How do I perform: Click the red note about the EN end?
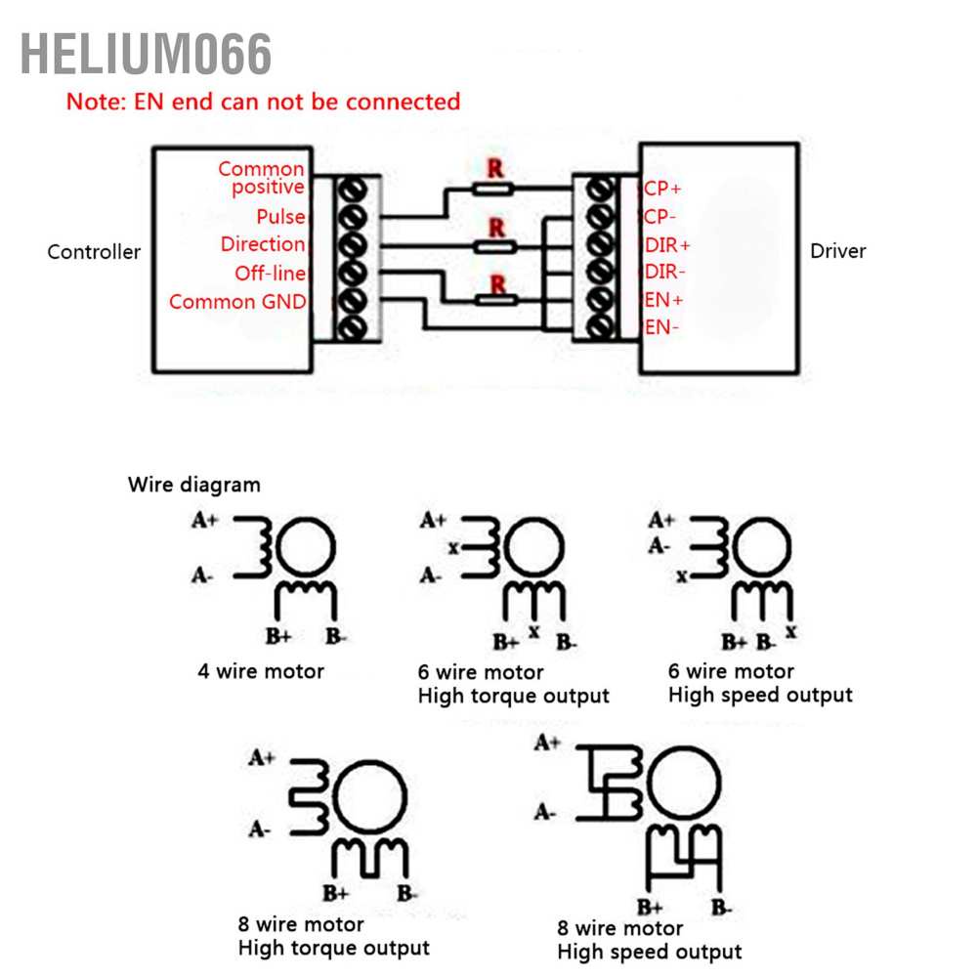(x=263, y=102)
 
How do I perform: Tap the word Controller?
(x=94, y=252)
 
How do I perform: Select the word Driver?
(x=837, y=251)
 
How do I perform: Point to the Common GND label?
(x=237, y=302)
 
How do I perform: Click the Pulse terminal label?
(x=280, y=217)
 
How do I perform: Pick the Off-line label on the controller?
(x=270, y=274)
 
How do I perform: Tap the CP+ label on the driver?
(x=662, y=189)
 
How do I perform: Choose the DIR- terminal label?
(x=665, y=273)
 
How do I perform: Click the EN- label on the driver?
(x=660, y=327)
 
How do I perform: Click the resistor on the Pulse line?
(x=495, y=189)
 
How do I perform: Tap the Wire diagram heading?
(x=194, y=485)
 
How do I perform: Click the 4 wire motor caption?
(x=261, y=671)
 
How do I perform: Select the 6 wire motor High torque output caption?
(x=513, y=684)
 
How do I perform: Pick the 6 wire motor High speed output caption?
(x=760, y=683)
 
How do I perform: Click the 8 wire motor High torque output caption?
(x=333, y=936)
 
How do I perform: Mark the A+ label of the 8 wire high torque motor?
(x=261, y=757)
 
